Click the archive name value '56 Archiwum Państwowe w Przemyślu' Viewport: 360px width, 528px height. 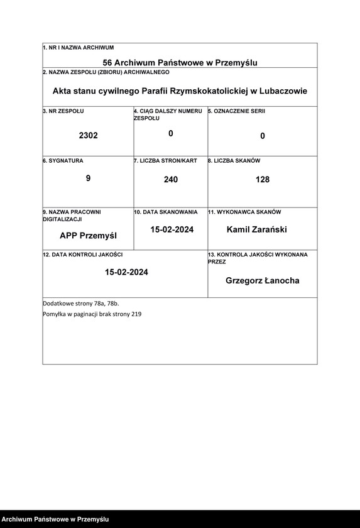click(180, 62)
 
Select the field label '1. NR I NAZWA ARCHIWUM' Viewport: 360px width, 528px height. click(78, 48)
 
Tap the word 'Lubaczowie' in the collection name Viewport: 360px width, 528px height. click(281, 91)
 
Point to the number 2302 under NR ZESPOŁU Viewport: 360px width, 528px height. click(88, 135)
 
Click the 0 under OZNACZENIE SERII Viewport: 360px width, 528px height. click(263, 136)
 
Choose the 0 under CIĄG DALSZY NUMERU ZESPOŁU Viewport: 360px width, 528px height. click(170, 133)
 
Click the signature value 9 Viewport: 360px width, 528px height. click(88, 179)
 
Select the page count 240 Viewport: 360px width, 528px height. click(170, 180)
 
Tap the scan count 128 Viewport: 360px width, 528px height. click(263, 180)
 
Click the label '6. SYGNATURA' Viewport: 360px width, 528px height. click(63, 161)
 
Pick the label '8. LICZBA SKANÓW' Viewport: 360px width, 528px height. click(234, 161)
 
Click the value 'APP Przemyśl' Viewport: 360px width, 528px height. click(88, 236)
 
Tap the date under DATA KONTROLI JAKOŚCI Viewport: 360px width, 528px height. click(126, 272)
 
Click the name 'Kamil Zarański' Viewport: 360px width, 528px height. click(256, 229)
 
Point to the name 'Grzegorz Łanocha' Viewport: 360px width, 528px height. click(262, 280)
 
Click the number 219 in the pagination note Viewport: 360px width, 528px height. click(136, 314)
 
